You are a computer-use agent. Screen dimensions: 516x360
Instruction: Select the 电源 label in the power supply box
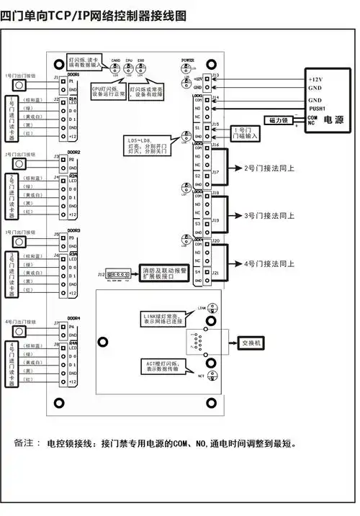click(x=333, y=119)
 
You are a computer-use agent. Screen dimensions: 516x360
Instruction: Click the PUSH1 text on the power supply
click(x=318, y=108)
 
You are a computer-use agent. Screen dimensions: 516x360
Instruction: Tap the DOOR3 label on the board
click(x=73, y=231)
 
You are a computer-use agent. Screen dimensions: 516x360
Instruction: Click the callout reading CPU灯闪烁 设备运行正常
click(x=109, y=93)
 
